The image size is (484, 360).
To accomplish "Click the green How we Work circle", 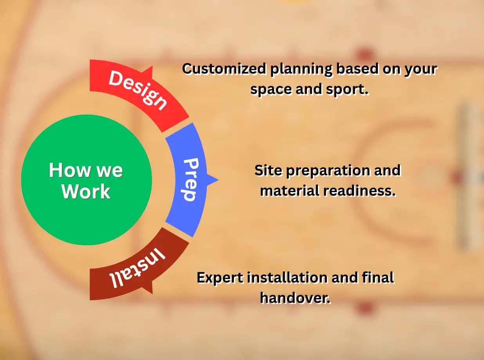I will [86, 180].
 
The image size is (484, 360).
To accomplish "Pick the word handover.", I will [296, 298].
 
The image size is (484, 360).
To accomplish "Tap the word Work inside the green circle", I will [86, 192].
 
